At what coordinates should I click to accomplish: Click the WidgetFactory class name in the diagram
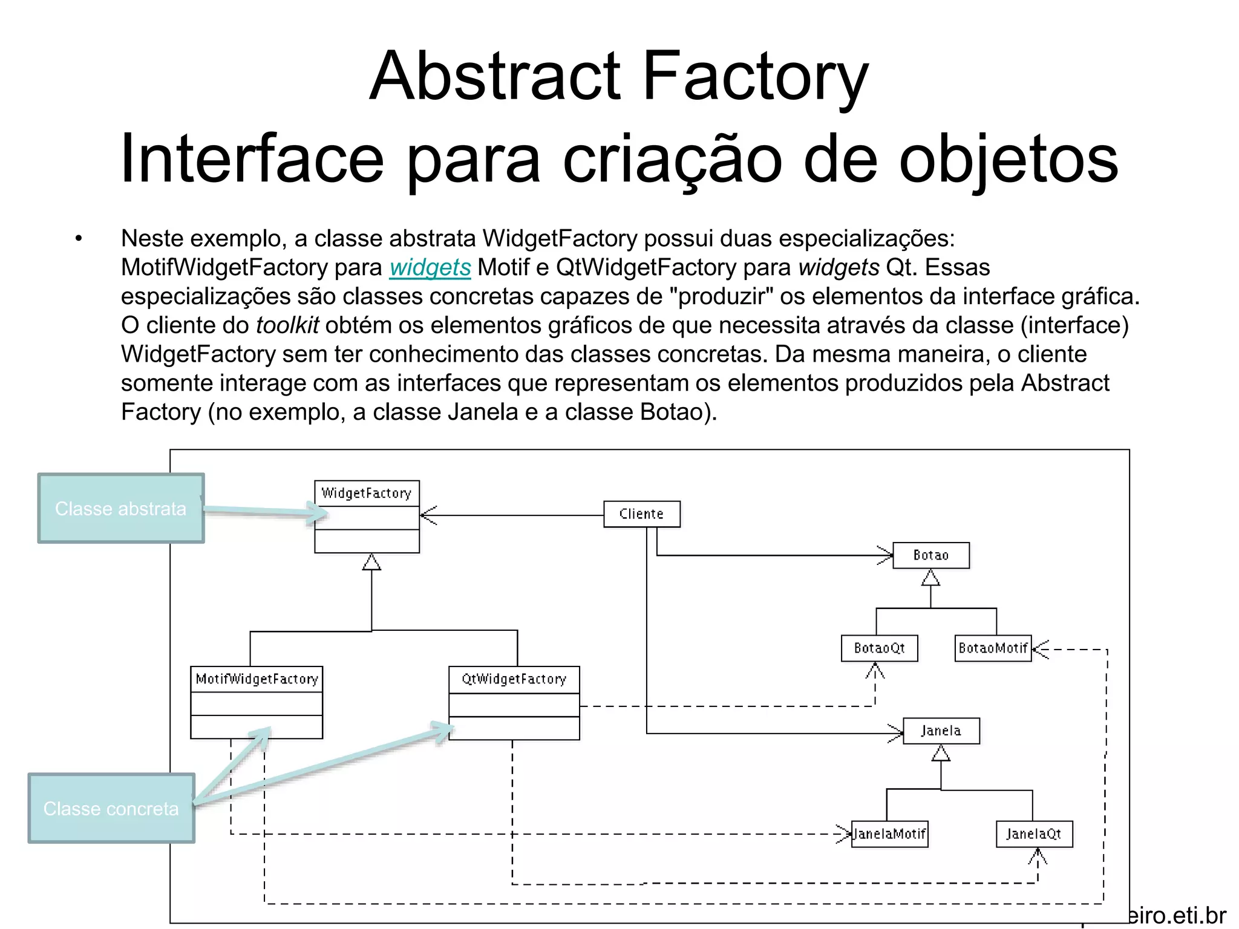tap(367, 494)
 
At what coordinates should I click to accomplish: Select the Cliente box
tap(642, 514)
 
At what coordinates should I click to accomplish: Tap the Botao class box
tap(931, 555)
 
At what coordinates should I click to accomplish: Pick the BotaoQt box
tap(879, 648)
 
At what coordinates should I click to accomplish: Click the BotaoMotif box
tap(993, 648)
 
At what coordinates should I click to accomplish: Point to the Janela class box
tap(941, 731)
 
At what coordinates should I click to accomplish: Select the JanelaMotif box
tap(889, 835)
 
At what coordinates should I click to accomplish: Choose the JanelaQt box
tap(1034, 835)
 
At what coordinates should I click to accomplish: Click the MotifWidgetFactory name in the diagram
tap(257, 679)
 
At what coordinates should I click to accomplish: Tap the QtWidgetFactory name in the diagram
tap(514, 679)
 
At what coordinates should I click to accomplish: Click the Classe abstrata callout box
tap(121, 509)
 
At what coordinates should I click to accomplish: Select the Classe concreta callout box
tap(111, 809)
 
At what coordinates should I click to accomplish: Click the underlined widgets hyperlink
tap(430, 267)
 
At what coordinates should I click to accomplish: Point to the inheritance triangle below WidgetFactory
tap(371, 562)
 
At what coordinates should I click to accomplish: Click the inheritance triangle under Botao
tap(930, 578)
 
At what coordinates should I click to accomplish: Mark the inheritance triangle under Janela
tap(941, 754)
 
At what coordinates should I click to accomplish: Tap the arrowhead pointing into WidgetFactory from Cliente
tap(428, 515)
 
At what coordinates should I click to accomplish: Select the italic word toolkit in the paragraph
tap(287, 325)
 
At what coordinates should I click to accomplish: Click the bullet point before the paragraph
tap(79, 239)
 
